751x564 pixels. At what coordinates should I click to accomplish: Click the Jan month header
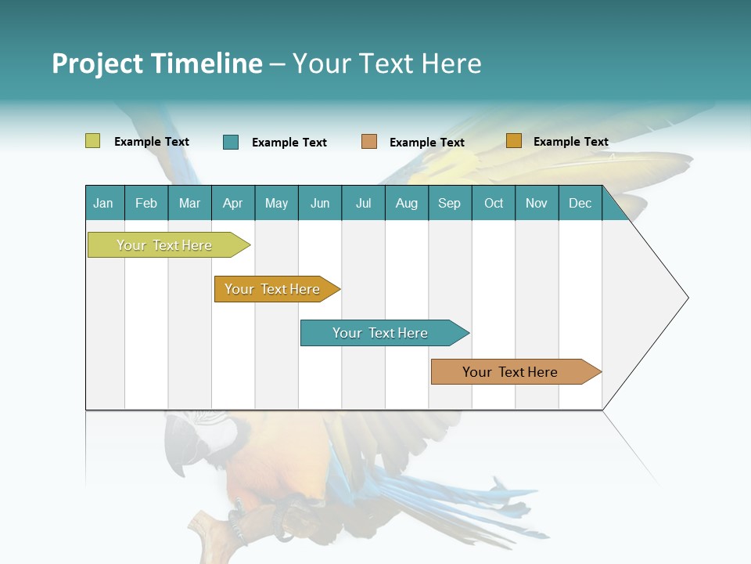point(103,203)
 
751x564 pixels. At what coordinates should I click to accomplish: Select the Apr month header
point(232,203)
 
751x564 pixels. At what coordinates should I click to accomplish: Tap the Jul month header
point(363,203)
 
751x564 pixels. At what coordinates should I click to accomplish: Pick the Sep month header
point(449,203)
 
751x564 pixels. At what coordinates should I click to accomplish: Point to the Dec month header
point(580,203)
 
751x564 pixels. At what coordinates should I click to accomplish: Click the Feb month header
point(146,203)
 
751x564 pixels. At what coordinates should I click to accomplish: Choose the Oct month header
point(494,203)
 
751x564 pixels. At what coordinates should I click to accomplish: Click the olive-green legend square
point(92,141)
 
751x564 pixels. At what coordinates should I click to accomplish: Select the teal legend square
point(231,142)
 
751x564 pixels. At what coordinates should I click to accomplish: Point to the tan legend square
point(369,142)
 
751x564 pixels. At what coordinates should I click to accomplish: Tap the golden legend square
point(513,141)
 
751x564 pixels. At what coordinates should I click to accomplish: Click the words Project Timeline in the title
point(156,63)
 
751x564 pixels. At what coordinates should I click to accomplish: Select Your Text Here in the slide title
point(386,63)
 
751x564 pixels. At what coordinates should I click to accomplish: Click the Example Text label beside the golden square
point(570,142)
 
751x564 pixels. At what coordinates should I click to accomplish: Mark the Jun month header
point(320,203)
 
